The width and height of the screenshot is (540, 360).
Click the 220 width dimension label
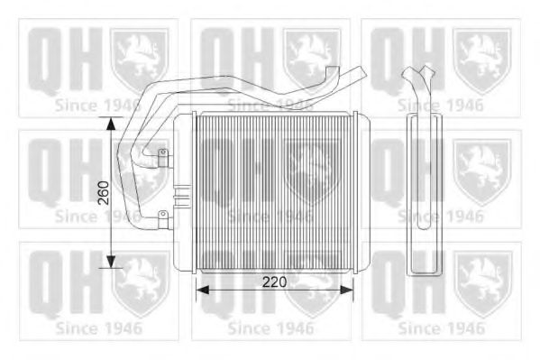(274, 282)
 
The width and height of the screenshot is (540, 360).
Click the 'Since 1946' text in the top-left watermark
(97, 106)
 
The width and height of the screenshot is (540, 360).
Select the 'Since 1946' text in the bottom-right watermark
(440, 328)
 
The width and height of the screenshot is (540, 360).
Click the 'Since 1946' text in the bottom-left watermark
(97, 328)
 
